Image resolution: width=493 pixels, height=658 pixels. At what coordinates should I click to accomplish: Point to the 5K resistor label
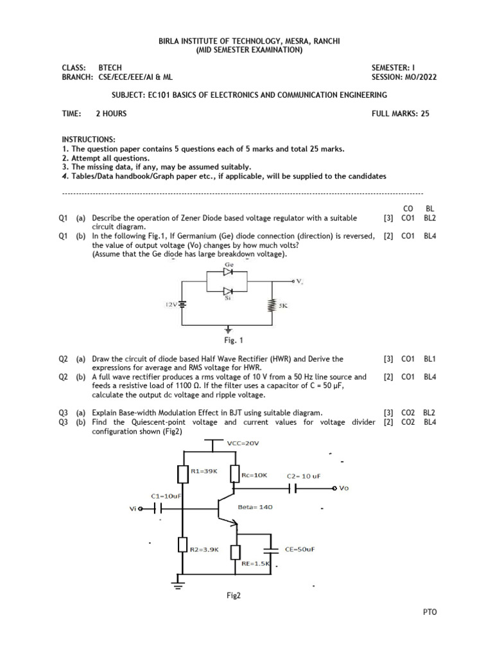click(x=283, y=307)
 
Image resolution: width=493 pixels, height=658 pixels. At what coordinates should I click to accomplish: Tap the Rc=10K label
click(x=254, y=475)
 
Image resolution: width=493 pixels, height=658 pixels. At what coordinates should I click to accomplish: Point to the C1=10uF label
click(x=166, y=496)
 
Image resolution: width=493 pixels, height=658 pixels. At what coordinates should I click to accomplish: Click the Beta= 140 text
click(x=255, y=506)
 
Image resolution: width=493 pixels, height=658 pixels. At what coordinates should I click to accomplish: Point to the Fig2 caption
click(x=232, y=596)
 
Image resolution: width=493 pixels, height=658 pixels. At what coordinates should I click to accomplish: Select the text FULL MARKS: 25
click(x=404, y=114)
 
